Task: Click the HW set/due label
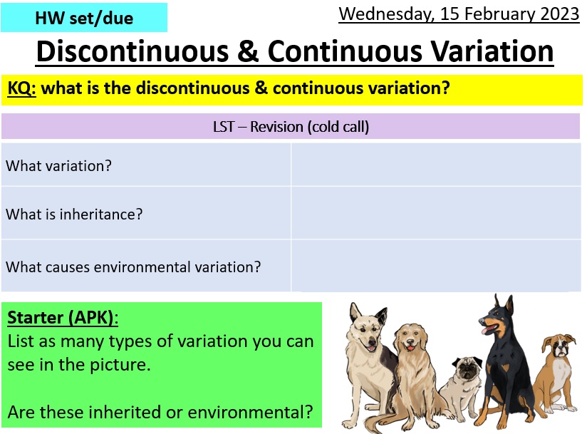tap(83, 18)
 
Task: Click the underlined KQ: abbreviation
tap(22, 88)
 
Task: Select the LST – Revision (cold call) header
tap(291, 127)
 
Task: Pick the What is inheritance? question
tap(74, 213)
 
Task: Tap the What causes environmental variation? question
tap(133, 267)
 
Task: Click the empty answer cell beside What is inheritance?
tap(436, 213)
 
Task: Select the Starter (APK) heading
tap(63, 317)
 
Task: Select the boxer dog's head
tap(559, 347)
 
